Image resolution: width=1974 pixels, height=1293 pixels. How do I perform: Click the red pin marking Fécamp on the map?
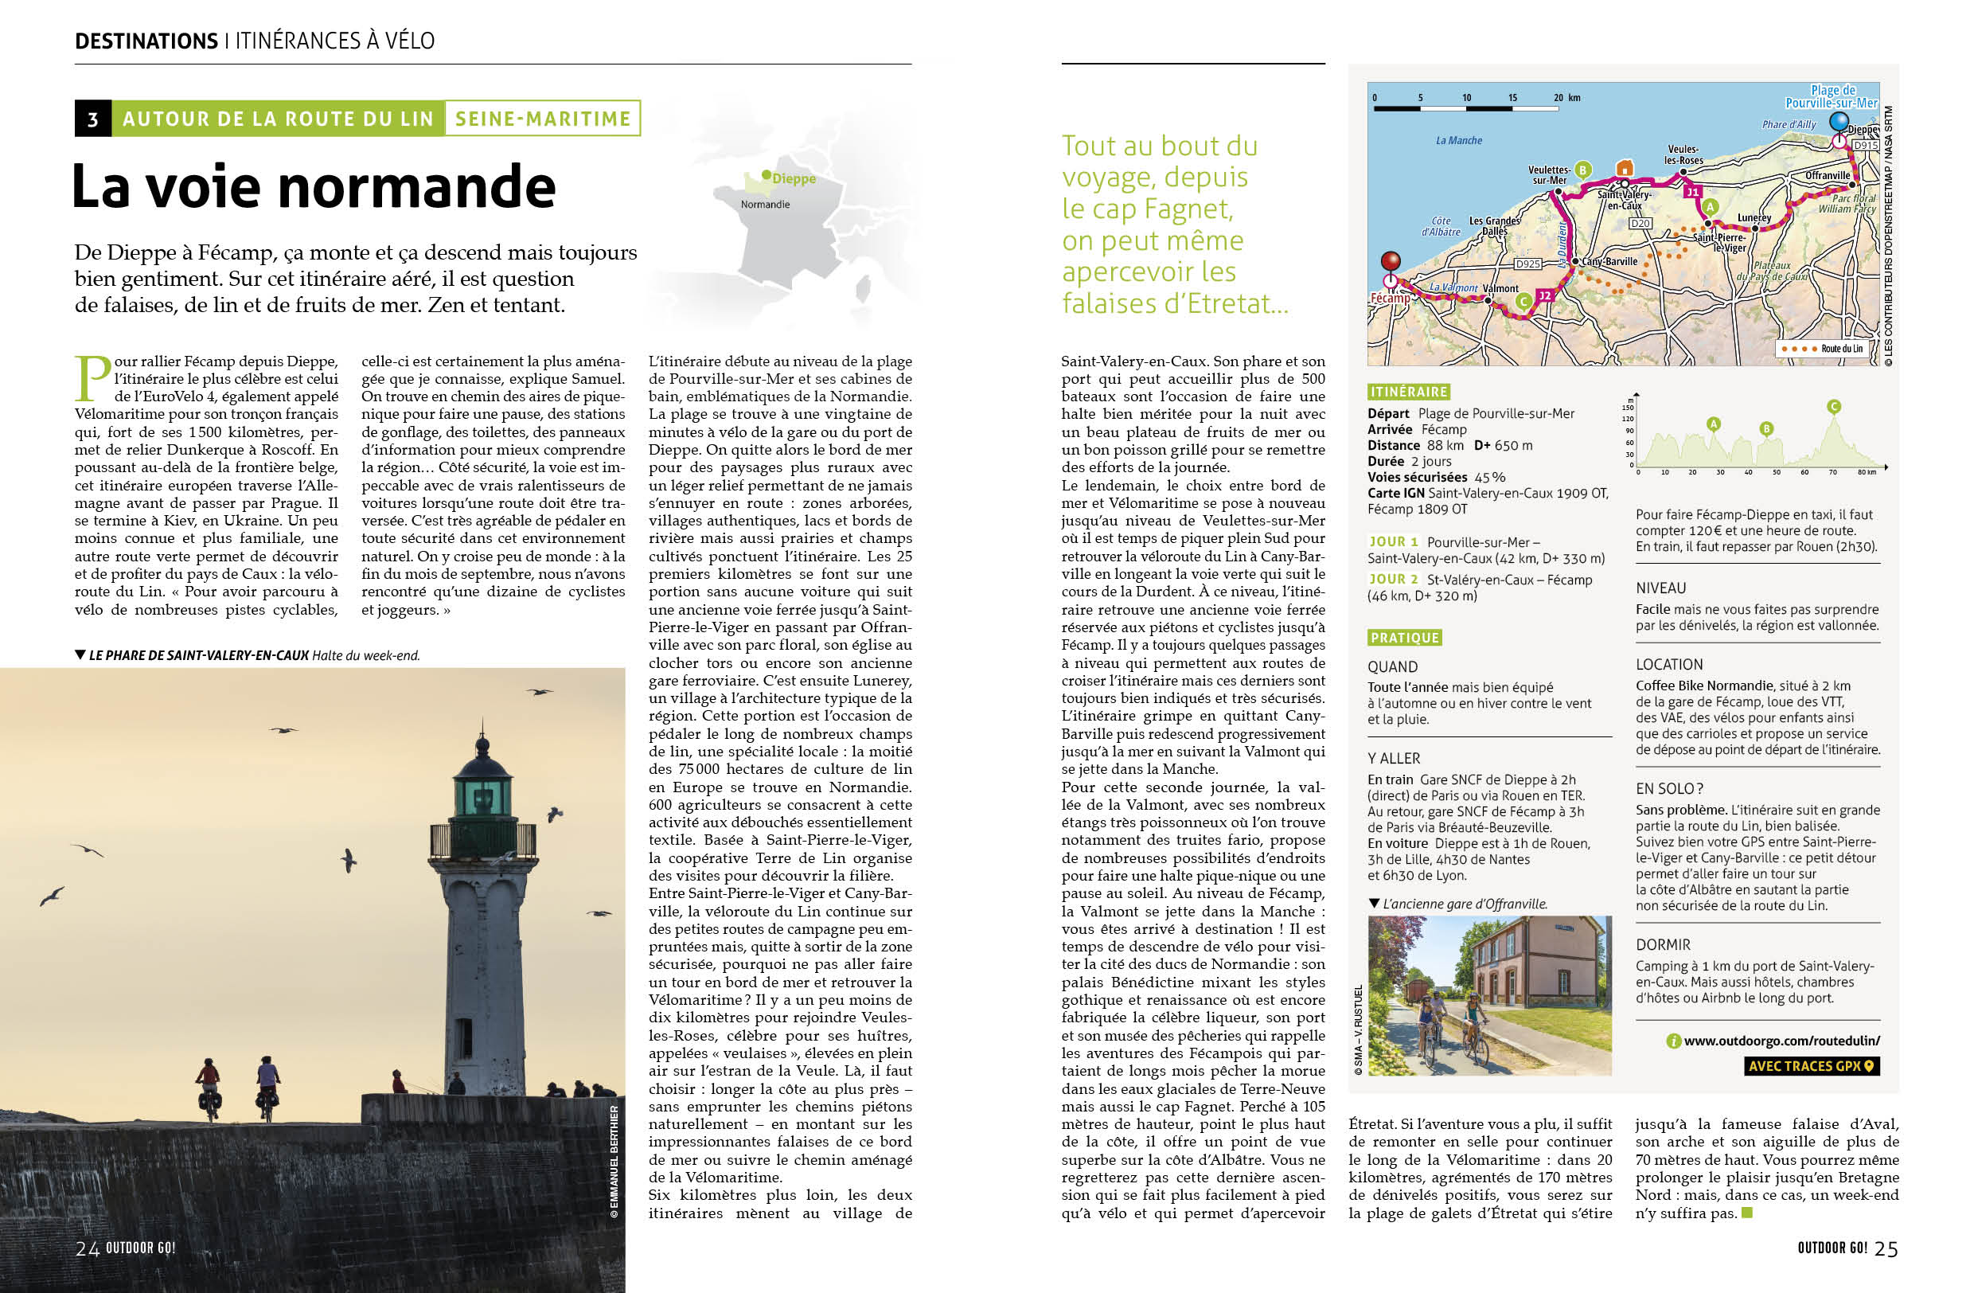click(x=1390, y=262)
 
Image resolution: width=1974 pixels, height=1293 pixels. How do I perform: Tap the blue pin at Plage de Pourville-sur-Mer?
click(x=1839, y=122)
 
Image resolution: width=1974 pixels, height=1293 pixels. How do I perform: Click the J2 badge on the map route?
click(x=1544, y=295)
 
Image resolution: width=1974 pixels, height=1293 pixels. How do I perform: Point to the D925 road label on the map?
click(x=1527, y=264)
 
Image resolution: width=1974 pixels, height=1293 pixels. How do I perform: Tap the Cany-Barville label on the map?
click(x=1610, y=261)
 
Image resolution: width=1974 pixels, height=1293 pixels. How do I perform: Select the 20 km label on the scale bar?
click(x=1566, y=98)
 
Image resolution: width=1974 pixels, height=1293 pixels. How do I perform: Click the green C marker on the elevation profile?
click(x=1834, y=406)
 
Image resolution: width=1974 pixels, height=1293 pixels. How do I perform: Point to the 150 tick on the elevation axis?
click(x=1627, y=407)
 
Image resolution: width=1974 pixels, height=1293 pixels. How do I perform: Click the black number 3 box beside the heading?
click(x=93, y=119)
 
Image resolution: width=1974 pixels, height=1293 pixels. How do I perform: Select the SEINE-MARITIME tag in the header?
click(x=544, y=119)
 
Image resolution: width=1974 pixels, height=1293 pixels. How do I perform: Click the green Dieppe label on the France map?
click(x=793, y=178)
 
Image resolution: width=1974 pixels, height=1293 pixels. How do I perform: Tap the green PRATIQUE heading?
click(x=1404, y=637)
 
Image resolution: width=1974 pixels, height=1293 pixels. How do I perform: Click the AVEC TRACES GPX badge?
click(x=1811, y=1066)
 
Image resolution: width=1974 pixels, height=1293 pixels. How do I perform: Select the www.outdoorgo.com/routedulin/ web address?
click(x=1781, y=1040)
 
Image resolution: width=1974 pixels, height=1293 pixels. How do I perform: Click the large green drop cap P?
click(x=93, y=377)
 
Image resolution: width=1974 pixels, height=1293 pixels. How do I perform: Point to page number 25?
click(x=1886, y=1249)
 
